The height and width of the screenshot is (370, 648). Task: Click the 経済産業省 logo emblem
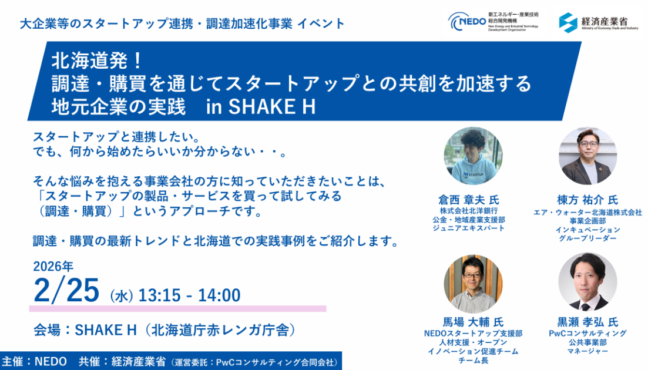[568, 22]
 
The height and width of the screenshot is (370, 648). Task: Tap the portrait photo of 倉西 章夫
[473, 156]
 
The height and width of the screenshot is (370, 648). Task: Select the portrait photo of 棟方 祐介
[587, 156]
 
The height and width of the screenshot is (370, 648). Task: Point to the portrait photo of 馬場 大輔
[473, 283]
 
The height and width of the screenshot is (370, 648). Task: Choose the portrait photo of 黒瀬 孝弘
[587, 282]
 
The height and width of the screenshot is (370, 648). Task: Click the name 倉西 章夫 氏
[469, 200]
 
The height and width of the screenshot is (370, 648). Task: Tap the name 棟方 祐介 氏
[587, 200]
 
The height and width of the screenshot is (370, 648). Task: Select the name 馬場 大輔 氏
[473, 322]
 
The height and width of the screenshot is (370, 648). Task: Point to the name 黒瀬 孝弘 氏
[587, 322]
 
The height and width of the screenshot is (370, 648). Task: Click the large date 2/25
[66, 290]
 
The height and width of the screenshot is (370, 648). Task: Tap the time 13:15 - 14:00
[189, 295]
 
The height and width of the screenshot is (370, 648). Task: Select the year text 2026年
[53, 267]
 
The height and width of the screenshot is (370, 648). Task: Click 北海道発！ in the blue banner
[97, 62]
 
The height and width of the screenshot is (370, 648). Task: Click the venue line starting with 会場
[165, 330]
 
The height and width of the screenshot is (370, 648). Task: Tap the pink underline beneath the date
[177, 308]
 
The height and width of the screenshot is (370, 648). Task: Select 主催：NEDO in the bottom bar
[34, 362]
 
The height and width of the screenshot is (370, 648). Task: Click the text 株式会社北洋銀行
[469, 211]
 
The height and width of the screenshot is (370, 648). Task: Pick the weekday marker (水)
[122, 296]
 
